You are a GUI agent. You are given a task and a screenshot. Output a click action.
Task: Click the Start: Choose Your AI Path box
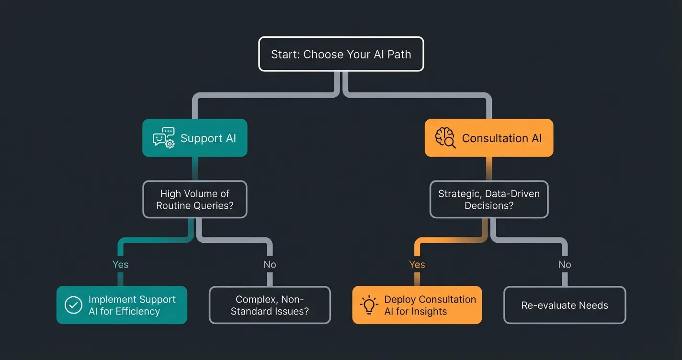click(x=341, y=54)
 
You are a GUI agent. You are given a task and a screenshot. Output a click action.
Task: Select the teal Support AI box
click(x=195, y=138)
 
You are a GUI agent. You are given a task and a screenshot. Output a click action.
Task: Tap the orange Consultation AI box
click(x=489, y=138)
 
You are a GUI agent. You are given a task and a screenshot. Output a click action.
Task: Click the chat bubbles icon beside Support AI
click(x=163, y=137)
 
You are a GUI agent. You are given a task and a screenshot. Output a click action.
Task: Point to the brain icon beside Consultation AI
click(x=445, y=138)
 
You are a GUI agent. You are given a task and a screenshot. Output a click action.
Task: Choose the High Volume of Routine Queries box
click(x=195, y=200)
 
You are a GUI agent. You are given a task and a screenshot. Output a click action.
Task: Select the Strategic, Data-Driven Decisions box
click(x=489, y=200)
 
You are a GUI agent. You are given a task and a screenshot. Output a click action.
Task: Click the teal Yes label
click(x=120, y=264)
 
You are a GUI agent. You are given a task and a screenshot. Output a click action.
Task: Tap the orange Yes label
click(x=417, y=264)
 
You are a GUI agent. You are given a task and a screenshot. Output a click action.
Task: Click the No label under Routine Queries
click(x=270, y=264)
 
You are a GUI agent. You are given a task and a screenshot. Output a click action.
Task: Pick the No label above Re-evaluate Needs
click(x=565, y=264)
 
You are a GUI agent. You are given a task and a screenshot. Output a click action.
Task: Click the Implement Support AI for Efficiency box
click(x=122, y=305)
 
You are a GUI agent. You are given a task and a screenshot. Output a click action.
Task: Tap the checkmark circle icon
click(x=73, y=305)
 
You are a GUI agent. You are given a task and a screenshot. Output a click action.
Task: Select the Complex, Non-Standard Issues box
click(x=270, y=305)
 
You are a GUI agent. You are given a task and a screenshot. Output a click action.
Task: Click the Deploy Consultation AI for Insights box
click(x=417, y=305)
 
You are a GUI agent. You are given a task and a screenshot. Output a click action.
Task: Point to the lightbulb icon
click(x=369, y=305)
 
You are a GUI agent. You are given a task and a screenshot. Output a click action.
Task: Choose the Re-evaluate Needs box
click(x=565, y=305)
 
